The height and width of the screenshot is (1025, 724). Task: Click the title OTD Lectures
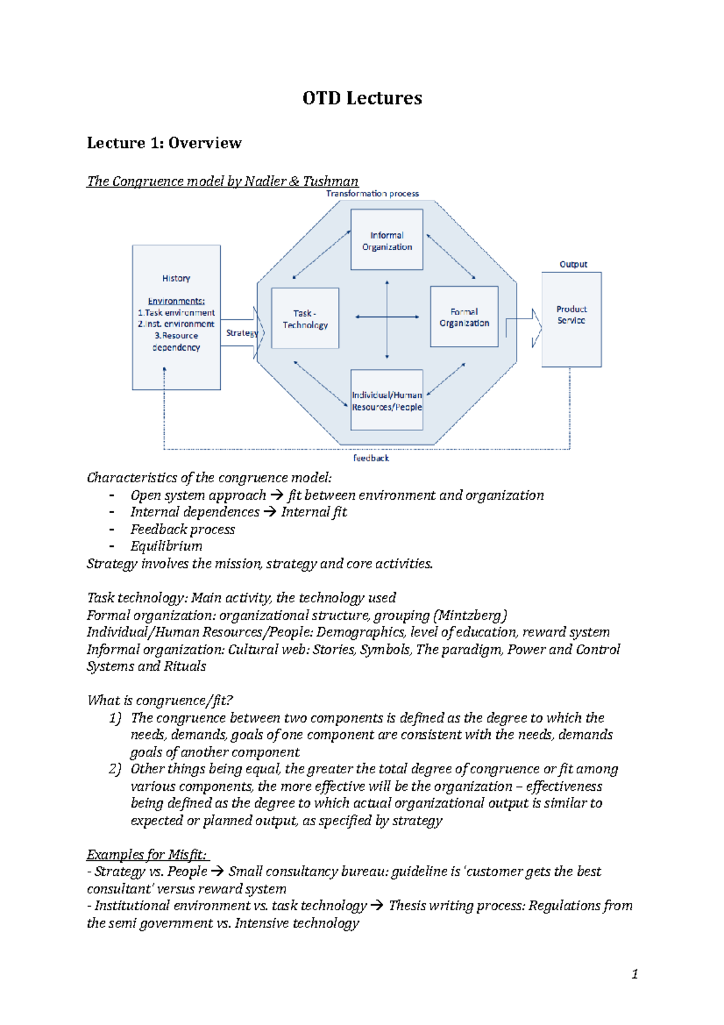[x=362, y=98]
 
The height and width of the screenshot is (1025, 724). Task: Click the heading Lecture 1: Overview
[x=164, y=143]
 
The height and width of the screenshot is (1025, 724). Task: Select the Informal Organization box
[x=387, y=240]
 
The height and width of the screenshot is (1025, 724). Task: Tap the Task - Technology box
[x=305, y=319]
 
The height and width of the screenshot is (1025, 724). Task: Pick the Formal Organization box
[x=464, y=317]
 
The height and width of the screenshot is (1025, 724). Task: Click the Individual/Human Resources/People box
[x=387, y=401]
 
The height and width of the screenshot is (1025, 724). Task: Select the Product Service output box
[x=571, y=319]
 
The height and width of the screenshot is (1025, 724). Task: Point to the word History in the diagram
[x=176, y=278]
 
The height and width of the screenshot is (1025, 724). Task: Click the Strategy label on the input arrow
[x=241, y=333]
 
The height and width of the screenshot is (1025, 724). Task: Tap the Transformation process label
[x=372, y=193]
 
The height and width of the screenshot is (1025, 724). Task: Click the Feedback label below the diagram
[x=371, y=458]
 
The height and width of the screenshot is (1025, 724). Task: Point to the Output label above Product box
[x=573, y=264]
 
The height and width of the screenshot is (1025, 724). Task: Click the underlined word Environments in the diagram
[x=176, y=301]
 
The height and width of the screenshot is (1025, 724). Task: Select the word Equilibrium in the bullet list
[x=167, y=546]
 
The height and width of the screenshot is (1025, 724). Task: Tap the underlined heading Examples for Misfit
[x=147, y=855]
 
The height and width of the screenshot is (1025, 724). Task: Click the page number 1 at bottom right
[x=634, y=974]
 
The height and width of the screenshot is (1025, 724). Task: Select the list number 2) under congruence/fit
[x=115, y=769]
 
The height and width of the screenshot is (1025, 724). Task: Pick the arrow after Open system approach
[x=276, y=496]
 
